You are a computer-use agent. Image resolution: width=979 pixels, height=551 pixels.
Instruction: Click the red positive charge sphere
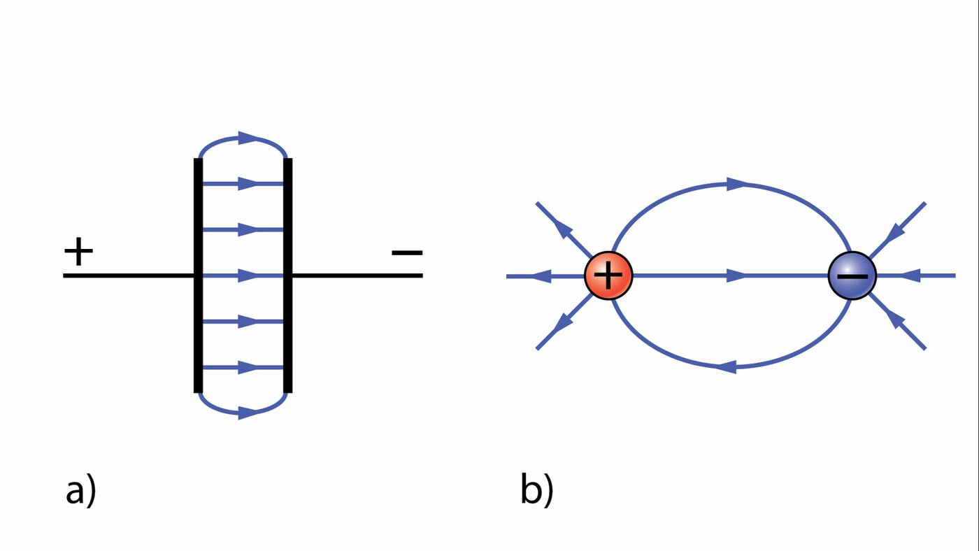[x=608, y=275]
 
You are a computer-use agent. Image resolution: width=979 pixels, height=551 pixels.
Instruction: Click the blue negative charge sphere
[x=852, y=275]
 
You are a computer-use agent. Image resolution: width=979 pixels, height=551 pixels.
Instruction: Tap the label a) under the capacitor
[x=80, y=489]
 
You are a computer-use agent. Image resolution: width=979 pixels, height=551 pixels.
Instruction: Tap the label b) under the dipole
[x=536, y=489]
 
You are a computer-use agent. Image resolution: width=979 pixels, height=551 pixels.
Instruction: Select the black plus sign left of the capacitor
[x=78, y=252]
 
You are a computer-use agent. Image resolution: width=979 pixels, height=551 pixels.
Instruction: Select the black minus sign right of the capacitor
[x=406, y=252]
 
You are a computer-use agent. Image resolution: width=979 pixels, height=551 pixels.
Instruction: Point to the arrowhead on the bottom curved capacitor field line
[x=248, y=413]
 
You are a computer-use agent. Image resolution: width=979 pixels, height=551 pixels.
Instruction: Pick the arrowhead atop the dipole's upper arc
[x=737, y=184]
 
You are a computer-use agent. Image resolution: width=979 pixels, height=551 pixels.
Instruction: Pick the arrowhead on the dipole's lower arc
[x=727, y=366]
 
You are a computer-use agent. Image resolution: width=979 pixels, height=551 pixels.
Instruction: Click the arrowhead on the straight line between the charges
[x=736, y=276]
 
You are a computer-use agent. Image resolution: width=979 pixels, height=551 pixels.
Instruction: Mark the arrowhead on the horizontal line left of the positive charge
[x=541, y=276]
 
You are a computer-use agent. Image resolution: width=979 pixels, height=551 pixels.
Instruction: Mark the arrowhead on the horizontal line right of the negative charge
[x=908, y=276]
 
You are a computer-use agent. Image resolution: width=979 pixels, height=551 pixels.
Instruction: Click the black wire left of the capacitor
[x=126, y=275]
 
